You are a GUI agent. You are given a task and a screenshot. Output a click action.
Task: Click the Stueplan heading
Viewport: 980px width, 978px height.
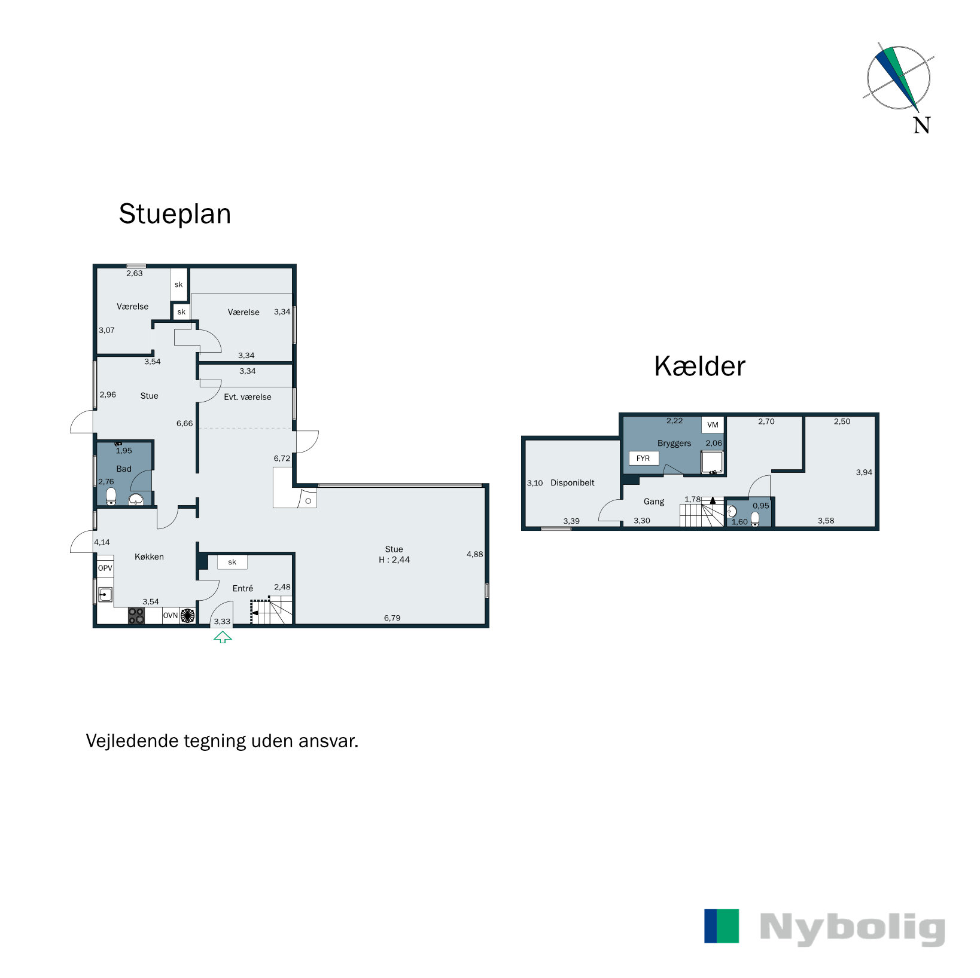point(175,214)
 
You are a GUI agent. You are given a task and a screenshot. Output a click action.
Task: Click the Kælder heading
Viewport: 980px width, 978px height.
point(699,366)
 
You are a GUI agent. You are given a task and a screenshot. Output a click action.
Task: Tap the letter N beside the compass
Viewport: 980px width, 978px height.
point(921,126)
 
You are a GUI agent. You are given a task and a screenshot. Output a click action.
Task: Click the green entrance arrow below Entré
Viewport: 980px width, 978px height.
point(223,637)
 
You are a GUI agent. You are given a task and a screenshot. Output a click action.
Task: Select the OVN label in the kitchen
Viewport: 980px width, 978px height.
point(171,616)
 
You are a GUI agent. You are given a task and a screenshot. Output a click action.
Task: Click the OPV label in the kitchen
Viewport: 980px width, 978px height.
point(105,568)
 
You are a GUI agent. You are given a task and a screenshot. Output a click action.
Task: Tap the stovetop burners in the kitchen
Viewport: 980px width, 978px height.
point(136,616)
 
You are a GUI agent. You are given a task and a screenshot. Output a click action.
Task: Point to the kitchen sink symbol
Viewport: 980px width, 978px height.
point(106,594)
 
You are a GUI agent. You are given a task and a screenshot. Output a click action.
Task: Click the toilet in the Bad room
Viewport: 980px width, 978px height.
point(111,496)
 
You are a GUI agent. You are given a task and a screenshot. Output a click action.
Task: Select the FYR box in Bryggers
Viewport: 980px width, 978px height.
point(643,459)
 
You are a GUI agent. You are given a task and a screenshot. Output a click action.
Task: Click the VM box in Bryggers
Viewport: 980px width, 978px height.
point(713,425)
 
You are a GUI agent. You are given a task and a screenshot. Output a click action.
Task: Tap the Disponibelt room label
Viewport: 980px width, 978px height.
point(573,483)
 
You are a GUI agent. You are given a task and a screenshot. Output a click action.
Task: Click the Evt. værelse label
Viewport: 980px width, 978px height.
point(248,397)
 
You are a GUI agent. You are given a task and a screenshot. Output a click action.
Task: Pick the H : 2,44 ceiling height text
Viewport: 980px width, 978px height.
point(394,560)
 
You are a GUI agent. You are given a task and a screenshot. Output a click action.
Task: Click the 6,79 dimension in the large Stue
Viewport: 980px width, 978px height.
point(392,618)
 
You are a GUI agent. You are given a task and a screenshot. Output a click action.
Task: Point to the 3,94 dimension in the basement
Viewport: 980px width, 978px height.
point(864,472)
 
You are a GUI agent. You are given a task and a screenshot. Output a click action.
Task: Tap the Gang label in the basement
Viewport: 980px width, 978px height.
point(654,502)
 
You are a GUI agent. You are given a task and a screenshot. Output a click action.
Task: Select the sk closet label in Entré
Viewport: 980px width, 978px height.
point(232,562)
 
